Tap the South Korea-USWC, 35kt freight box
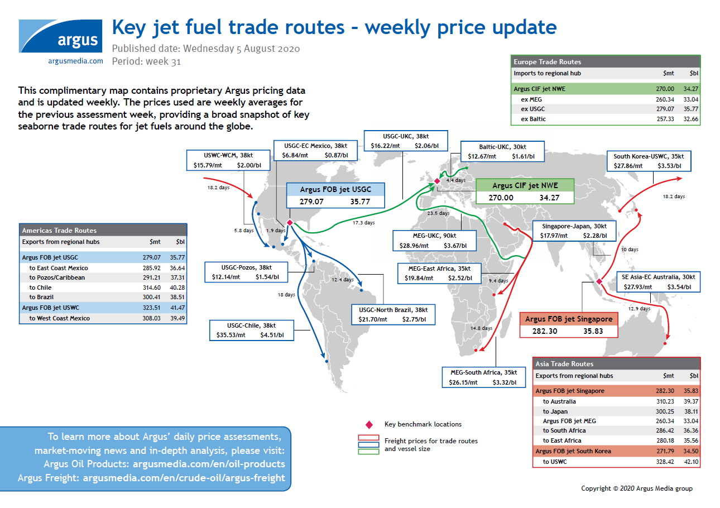(649, 161)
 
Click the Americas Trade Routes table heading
(59, 230)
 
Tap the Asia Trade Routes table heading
(564, 363)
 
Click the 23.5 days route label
(438, 213)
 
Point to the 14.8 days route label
(481, 328)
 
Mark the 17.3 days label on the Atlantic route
(363, 223)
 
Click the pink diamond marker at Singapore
(598, 281)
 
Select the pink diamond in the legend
(368, 425)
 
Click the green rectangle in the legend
(368, 451)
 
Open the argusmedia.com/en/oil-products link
(209, 464)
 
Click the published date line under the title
(206, 49)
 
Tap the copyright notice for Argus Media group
(636, 488)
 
